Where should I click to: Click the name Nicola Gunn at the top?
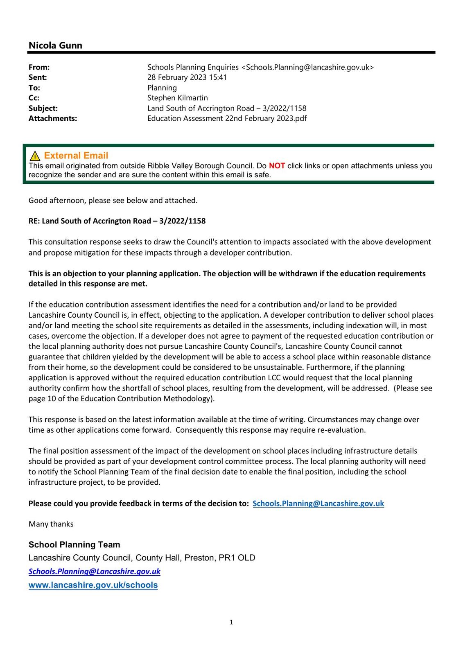coord(55,45)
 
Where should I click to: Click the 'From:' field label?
coord(39,67)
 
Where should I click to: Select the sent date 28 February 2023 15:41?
coord(187,77)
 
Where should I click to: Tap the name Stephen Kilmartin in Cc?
coord(178,98)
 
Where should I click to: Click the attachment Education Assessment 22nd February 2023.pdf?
coord(227,118)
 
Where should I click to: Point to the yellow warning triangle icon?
coord(35,156)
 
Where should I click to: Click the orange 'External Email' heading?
coord(76,156)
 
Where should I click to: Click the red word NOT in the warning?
coord(277,166)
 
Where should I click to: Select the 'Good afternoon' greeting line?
coord(113,200)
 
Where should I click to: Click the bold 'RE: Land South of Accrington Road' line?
coord(117,221)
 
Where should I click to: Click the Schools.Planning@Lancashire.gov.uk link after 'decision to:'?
coord(318,504)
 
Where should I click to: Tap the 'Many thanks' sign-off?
coord(51,524)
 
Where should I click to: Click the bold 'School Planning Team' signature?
coord(75,545)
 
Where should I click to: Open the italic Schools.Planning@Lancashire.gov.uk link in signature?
coord(95,571)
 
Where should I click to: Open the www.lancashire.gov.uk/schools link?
coord(93,585)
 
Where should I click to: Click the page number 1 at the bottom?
coord(231,622)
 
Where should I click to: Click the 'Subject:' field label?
coord(43,108)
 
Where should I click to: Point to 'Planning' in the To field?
coord(162,88)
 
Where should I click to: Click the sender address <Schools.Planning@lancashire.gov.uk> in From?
coord(307,67)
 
